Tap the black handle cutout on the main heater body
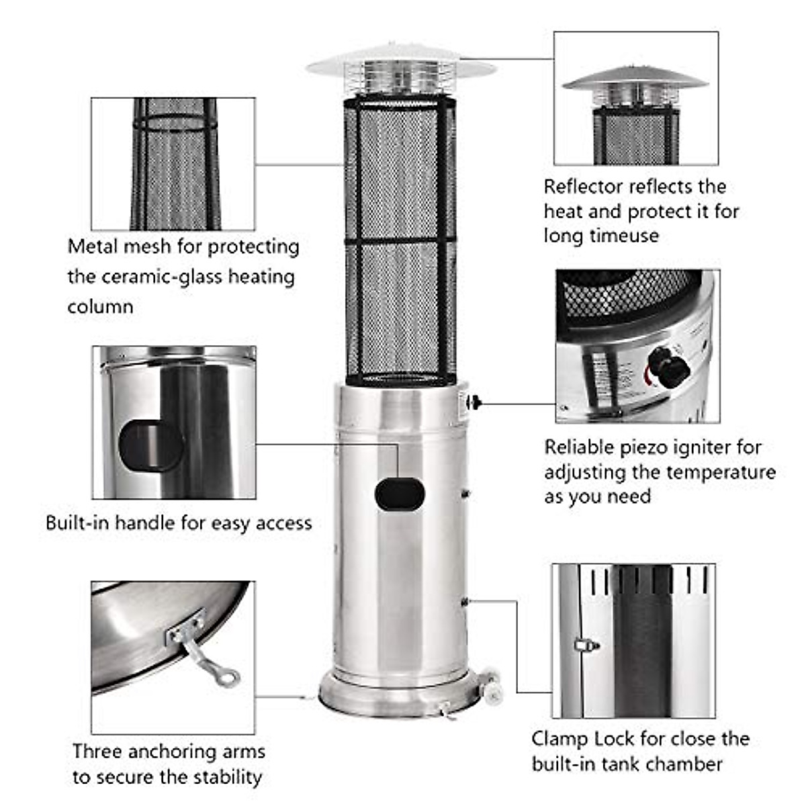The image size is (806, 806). point(400,495)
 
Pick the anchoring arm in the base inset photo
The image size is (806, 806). point(205,655)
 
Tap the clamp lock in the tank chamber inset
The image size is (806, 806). point(587,645)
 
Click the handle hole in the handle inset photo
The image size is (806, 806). point(150,446)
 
